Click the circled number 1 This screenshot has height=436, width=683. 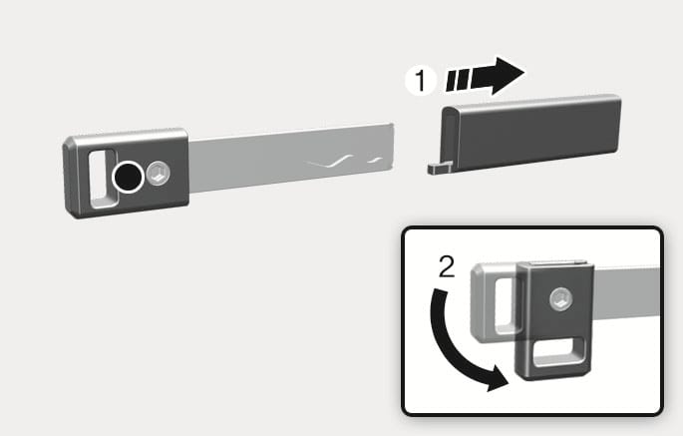420,80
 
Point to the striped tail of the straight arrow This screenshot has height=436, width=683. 458,80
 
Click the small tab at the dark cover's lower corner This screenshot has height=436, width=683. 439,168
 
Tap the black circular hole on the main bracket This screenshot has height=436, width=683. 128,177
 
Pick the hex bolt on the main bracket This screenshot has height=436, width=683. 158,173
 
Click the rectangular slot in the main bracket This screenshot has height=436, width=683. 103,178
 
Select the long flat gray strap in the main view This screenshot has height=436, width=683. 291,158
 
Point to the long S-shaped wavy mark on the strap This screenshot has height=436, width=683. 331,162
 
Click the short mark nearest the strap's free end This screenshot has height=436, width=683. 376,161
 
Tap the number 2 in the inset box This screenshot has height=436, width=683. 447,266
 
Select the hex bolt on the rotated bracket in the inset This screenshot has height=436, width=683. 560,299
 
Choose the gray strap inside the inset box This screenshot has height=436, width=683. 627,293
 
